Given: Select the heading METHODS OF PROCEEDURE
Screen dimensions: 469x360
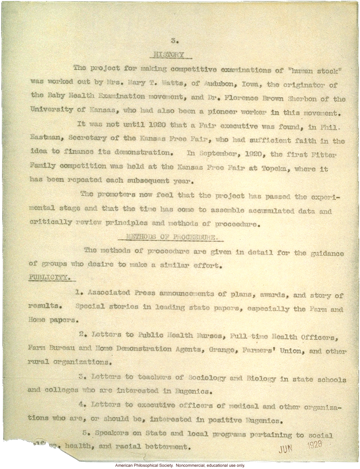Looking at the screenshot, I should (170, 237).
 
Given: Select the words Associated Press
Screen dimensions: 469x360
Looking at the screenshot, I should (121, 293).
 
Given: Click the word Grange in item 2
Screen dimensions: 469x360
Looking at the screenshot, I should (222, 350).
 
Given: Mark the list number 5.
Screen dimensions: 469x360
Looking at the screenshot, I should (85, 433).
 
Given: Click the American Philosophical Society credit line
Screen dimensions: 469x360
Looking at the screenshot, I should (180, 465).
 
